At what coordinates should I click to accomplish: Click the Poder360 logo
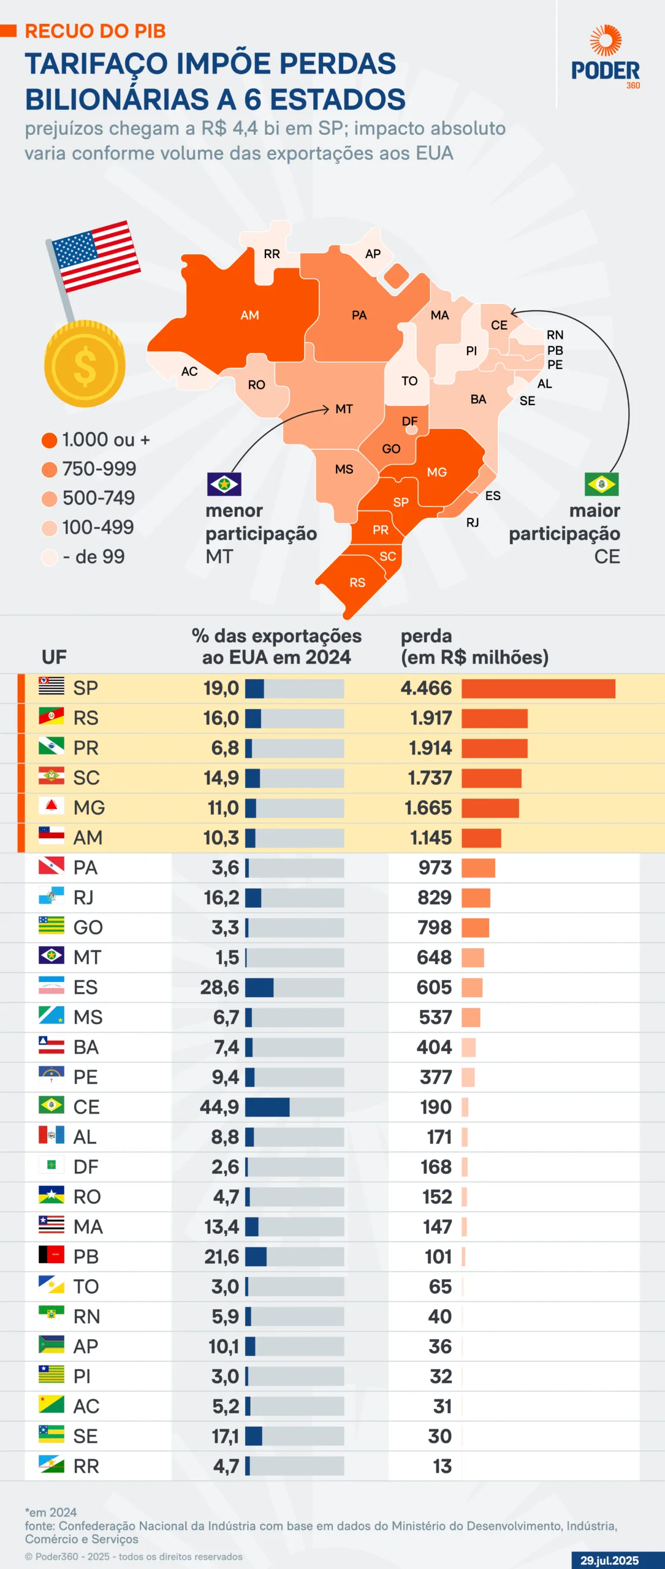point(605,58)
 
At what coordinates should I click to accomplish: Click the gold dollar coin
point(85,364)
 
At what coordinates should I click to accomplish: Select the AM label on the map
point(249,315)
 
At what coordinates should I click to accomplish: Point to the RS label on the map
point(357,582)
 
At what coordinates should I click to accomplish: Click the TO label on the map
point(409,381)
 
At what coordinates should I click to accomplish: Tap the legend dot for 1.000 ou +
point(50,440)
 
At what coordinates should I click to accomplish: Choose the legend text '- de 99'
point(94,557)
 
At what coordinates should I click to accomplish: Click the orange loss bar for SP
point(538,688)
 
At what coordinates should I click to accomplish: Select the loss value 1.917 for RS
point(431,718)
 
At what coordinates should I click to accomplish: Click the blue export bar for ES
point(259,987)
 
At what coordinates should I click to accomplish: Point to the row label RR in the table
point(86,1466)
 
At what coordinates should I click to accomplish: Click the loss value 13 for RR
point(442,1466)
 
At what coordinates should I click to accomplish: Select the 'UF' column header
point(54,657)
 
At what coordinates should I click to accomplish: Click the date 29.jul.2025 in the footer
point(609,1560)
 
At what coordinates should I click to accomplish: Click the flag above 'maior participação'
point(601,484)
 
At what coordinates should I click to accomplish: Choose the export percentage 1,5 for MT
point(227,957)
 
